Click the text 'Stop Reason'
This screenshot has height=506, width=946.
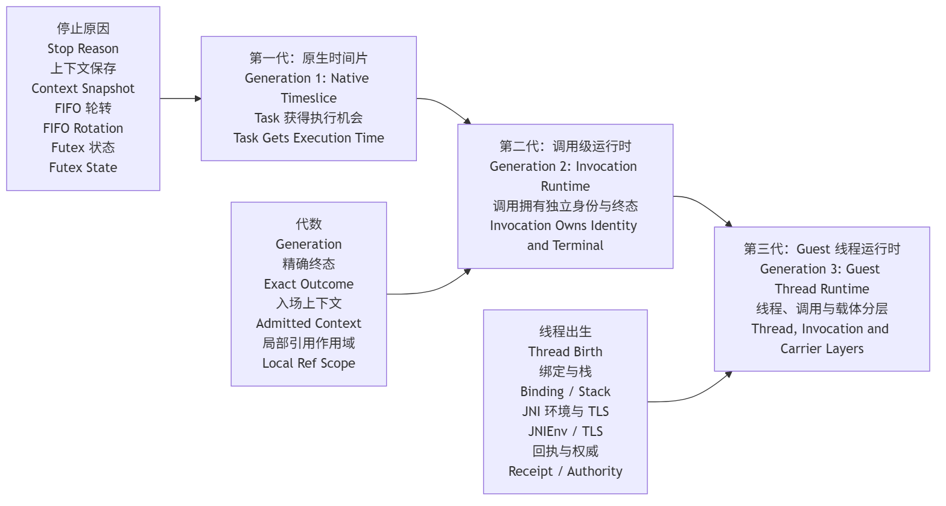(x=83, y=49)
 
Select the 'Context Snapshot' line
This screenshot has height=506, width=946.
(x=83, y=88)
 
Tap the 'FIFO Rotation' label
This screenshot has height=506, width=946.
(x=83, y=128)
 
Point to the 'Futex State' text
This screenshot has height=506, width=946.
(x=83, y=167)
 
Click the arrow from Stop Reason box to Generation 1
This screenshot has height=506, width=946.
(x=180, y=98)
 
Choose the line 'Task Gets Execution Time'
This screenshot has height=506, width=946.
(x=309, y=138)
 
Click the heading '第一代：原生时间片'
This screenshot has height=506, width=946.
(x=309, y=58)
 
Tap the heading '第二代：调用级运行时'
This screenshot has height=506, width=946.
(x=565, y=146)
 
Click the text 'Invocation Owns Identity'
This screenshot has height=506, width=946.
(x=563, y=226)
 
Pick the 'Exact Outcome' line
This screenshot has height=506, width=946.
(x=309, y=284)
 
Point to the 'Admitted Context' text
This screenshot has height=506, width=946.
(x=309, y=324)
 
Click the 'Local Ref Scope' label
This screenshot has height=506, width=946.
(x=309, y=363)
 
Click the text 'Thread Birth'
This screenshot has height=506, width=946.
(x=565, y=351)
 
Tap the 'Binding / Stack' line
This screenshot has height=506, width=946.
(x=565, y=391)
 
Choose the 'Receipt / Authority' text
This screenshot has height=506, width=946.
(x=565, y=472)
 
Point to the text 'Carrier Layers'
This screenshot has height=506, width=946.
(x=822, y=349)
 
